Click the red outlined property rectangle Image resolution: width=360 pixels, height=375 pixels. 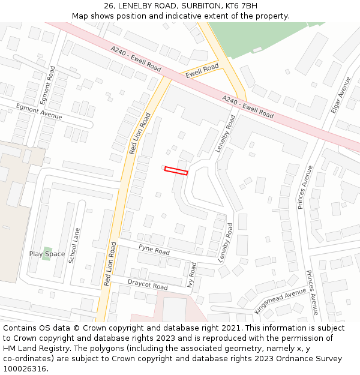click(x=176, y=171)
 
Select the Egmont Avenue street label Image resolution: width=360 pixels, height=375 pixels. click(x=39, y=111)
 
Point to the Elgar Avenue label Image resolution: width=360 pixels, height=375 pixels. click(x=340, y=96)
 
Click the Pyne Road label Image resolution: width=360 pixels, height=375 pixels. click(x=154, y=249)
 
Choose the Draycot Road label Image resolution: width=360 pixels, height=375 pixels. click(x=148, y=284)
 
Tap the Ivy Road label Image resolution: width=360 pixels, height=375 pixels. click(x=192, y=275)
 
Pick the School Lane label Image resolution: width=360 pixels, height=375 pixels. click(x=74, y=245)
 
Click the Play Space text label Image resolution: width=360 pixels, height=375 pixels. click(x=47, y=254)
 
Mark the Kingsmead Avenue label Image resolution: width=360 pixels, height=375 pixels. click(x=280, y=300)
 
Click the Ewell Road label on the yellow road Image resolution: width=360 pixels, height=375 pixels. click(x=202, y=71)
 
